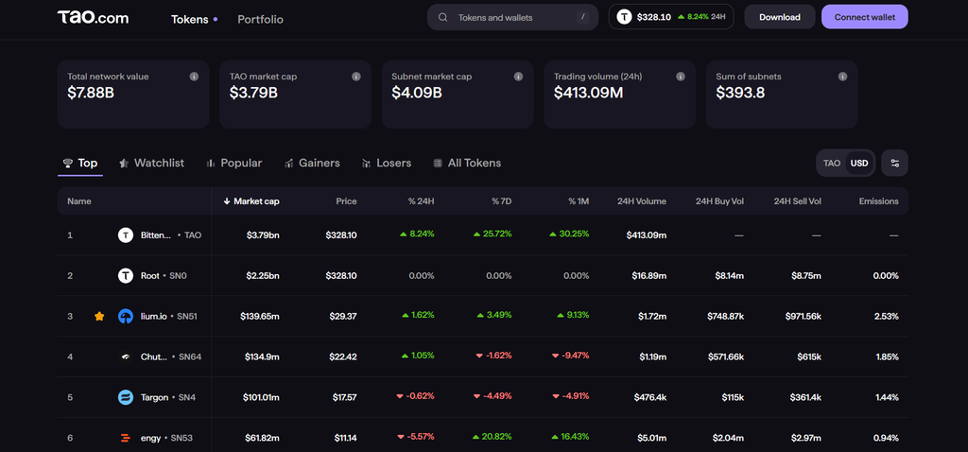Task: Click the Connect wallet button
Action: coord(864,17)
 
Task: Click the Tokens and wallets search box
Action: coord(512,17)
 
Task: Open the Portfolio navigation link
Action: coord(261,19)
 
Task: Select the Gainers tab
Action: coord(312,163)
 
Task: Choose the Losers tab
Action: coord(387,163)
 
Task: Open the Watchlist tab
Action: coord(151,163)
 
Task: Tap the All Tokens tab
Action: coord(467,163)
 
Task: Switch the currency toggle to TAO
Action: coord(832,163)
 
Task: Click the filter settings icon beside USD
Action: coord(894,163)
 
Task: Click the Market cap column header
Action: coord(251,201)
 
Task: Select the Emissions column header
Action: coord(878,201)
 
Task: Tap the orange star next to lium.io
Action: coord(99,316)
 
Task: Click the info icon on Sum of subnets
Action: coord(842,77)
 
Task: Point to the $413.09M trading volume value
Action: coord(588,93)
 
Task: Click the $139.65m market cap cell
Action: coord(260,316)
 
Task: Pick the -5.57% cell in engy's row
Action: coord(416,437)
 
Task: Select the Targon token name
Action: coord(154,397)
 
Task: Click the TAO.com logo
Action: coord(94,17)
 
